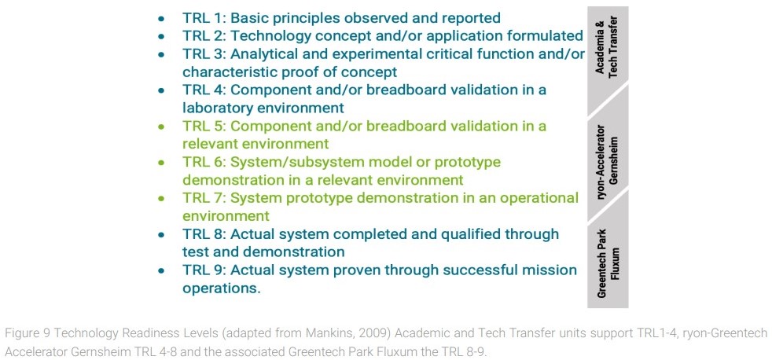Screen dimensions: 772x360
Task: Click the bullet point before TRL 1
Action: pos(161,19)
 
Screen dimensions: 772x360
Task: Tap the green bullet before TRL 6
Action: pos(161,162)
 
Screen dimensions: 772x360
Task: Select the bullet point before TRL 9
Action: pos(161,270)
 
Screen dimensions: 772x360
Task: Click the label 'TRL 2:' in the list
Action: pos(204,36)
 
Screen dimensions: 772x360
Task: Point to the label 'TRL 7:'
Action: pos(204,198)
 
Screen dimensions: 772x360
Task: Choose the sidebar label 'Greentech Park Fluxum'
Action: pos(607,263)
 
